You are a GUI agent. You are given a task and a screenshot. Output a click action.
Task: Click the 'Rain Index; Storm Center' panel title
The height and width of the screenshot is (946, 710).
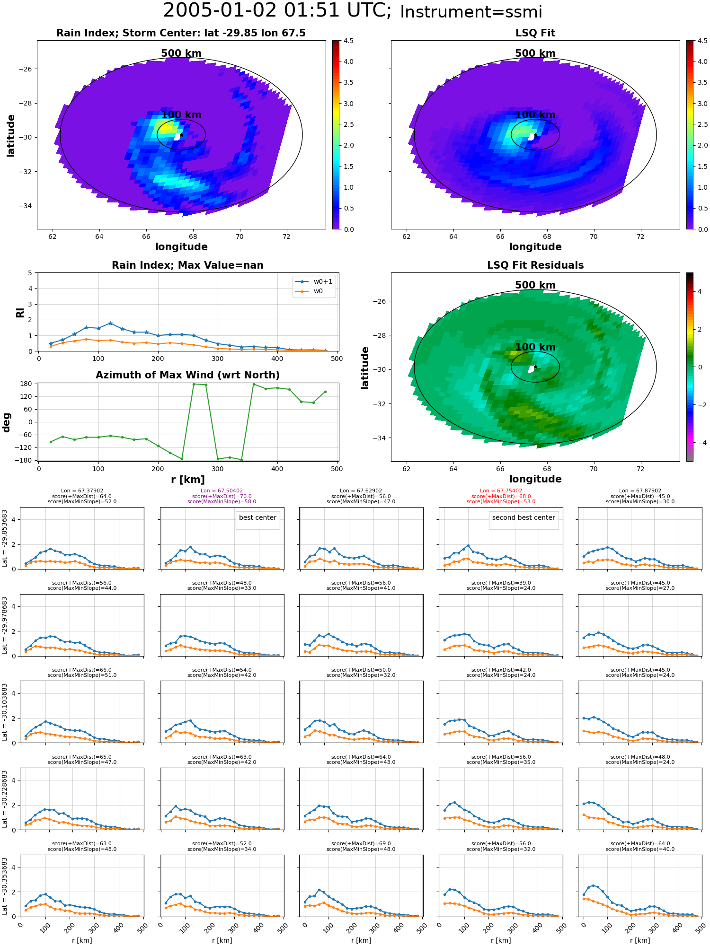(181, 33)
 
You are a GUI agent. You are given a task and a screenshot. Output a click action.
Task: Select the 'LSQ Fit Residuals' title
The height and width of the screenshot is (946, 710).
(535, 265)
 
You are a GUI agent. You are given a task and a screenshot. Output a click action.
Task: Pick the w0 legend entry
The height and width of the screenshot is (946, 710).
(318, 291)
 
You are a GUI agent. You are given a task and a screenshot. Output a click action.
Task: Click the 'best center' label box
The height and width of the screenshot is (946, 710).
(257, 518)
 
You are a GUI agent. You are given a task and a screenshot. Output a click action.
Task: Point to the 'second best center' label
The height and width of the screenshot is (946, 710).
(523, 518)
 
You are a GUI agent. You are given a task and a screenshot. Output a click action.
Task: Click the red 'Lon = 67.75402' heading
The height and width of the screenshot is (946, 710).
(501, 491)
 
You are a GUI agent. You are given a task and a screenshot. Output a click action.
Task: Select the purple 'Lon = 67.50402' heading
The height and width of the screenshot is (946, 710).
(222, 491)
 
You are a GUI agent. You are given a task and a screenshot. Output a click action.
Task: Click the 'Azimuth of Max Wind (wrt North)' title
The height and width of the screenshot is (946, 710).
(187, 375)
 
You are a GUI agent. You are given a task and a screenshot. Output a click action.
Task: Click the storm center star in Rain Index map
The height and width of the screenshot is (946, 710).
(181, 135)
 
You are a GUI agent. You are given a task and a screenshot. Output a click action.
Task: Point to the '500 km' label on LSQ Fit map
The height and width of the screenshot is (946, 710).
(535, 53)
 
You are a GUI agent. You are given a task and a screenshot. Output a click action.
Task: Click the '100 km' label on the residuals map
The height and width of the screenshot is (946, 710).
(535, 347)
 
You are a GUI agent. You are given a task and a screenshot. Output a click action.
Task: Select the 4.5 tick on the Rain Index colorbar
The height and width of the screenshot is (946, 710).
(348, 41)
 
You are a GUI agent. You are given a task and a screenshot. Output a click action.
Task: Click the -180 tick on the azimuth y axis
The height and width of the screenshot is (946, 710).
(27, 460)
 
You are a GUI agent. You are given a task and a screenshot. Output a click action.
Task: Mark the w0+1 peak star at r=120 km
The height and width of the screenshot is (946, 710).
(110, 323)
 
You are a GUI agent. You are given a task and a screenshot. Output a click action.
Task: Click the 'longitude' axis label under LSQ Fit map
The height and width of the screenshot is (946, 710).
(535, 247)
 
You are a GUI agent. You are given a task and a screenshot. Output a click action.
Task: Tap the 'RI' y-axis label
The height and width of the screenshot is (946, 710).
(20, 313)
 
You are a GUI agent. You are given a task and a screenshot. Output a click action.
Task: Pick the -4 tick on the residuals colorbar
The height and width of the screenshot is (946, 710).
(700, 443)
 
